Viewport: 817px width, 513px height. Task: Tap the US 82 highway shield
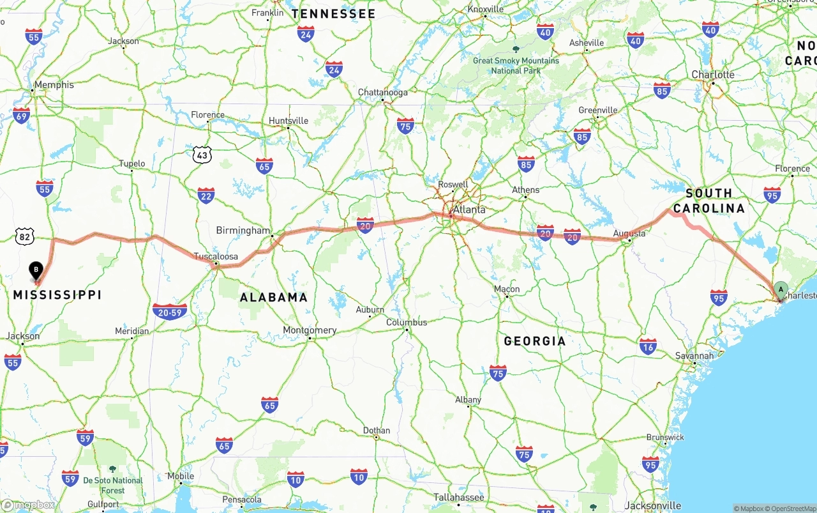pyautogui.click(x=24, y=236)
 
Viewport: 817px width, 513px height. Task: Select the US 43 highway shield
pyautogui.click(x=201, y=154)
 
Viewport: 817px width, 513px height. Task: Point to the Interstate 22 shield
pyautogui.click(x=206, y=195)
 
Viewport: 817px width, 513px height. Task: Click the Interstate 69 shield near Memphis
pyautogui.click(x=21, y=116)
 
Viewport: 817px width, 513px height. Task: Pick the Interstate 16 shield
pyautogui.click(x=648, y=346)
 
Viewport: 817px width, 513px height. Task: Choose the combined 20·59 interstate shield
pyautogui.click(x=170, y=311)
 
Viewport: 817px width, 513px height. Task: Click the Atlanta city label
pyautogui.click(x=469, y=210)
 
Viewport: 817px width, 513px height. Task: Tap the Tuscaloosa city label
pyautogui.click(x=216, y=256)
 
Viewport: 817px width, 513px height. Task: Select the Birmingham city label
pyautogui.click(x=243, y=230)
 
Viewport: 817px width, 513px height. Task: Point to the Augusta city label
pyautogui.click(x=629, y=233)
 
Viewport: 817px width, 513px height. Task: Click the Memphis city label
pyautogui.click(x=54, y=84)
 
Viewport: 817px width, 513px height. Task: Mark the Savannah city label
pyautogui.click(x=694, y=355)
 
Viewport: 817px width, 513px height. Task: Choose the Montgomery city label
pyautogui.click(x=310, y=330)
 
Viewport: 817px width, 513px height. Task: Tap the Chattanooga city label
pyautogui.click(x=382, y=92)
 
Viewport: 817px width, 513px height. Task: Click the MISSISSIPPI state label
pyautogui.click(x=57, y=295)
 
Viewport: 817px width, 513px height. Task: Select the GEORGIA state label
pyautogui.click(x=535, y=341)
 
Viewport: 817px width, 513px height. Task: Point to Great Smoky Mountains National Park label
pyautogui.click(x=516, y=65)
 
